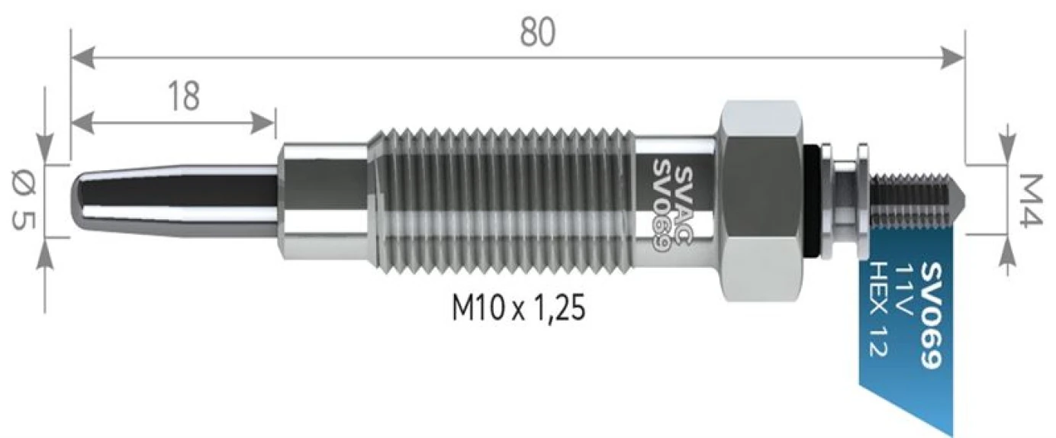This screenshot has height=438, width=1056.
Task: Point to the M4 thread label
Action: pos(1032,200)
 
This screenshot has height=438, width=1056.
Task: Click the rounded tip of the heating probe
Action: pos(82,201)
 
